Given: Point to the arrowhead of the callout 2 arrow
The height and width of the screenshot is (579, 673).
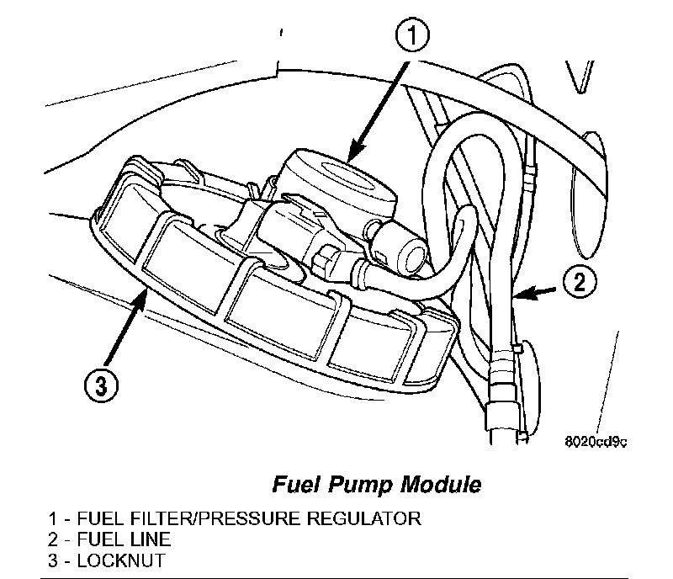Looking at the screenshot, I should [x=515, y=295].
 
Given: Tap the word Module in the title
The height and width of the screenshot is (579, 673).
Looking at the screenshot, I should [x=433, y=485].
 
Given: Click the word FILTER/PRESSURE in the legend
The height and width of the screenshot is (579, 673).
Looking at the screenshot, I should [x=218, y=517].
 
